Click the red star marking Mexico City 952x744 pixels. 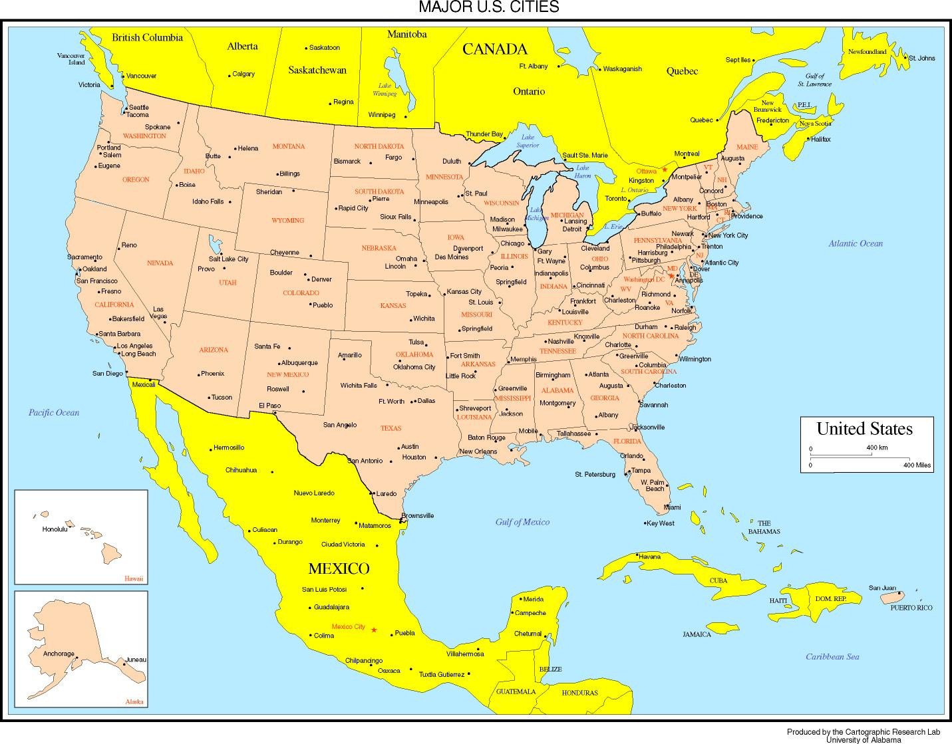(x=374, y=630)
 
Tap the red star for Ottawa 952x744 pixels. (x=664, y=170)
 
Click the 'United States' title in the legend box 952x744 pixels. (x=864, y=429)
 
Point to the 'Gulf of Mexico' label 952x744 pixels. (x=522, y=522)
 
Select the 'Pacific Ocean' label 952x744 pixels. (x=54, y=412)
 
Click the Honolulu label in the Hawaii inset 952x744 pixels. (x=55, y=529)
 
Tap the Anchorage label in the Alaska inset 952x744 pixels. (x=59, y=654)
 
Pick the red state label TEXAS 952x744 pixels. (x=391, y=428)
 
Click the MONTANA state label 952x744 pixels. (x=289, y=146)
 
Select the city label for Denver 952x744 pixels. (x=321, y=279)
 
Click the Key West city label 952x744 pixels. (x=661, y=523)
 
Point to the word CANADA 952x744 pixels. (x=494, y=49)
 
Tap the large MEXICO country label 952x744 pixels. (x=339, y=568)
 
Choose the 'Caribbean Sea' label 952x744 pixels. (x=832, y=657)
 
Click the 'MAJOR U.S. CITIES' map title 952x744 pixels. (x=488, y=7)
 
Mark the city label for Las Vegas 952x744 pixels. (x=158, y=312)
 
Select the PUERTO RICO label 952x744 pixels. (x=911, y=608)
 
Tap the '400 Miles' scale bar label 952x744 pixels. (x=917, y=465)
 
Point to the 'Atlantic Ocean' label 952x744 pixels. (x=856, y=243)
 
